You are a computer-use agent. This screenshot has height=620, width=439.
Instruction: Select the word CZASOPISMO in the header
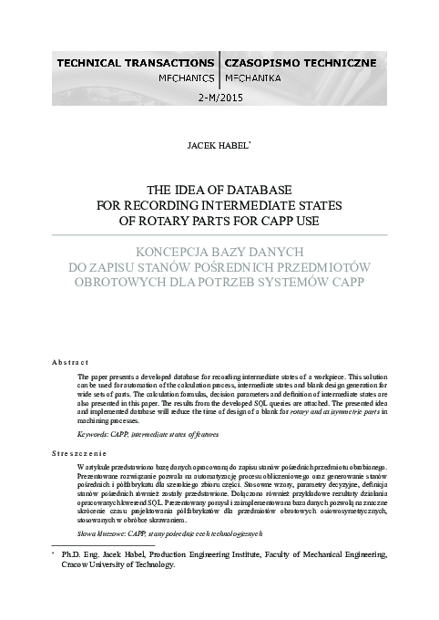[x=265, y=63]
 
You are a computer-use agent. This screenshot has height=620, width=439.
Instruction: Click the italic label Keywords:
[x=94, y=437]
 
